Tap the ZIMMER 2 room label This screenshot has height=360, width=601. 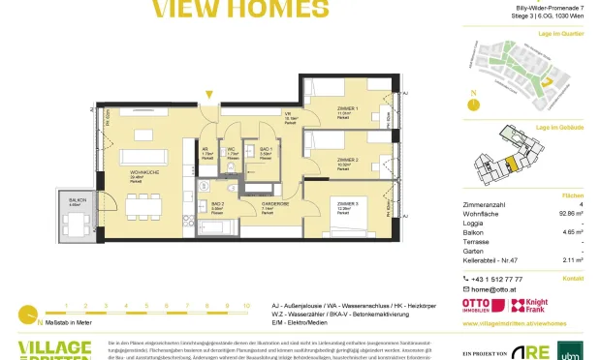tap(347, 160)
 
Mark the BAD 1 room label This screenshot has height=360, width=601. tap(264, 149)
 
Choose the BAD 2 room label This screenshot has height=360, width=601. tap(217, 204)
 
